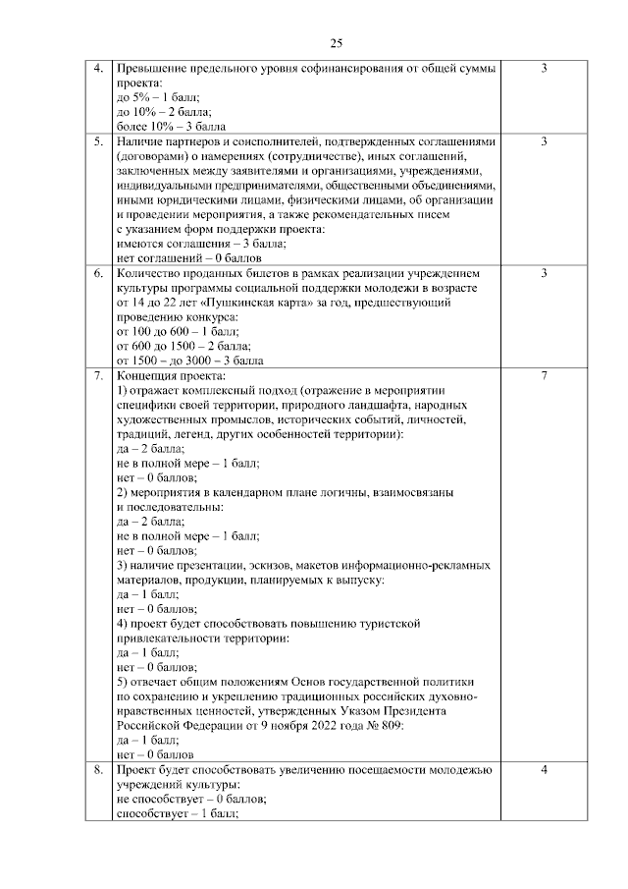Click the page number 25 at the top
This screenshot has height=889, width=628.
(x=335, y=42)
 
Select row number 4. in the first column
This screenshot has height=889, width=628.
(x=98, y=69)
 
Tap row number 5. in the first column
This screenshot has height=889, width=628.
(x=98, y=141)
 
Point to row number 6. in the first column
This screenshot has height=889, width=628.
(x=98, y=272)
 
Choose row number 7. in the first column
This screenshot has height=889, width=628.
(x=98, y=375)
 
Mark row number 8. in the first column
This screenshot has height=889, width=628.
(x=98, y=770)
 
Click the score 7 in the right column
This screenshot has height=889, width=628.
(x=544, y=375)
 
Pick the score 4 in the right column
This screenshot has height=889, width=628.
(x=544, y=770)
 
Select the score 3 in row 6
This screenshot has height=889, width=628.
(x=544, y=272)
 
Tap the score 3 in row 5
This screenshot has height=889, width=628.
(x=544, y=141)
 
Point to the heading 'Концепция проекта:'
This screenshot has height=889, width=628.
(x=170, y=375)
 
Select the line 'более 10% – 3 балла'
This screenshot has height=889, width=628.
(x=171, y=127)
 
